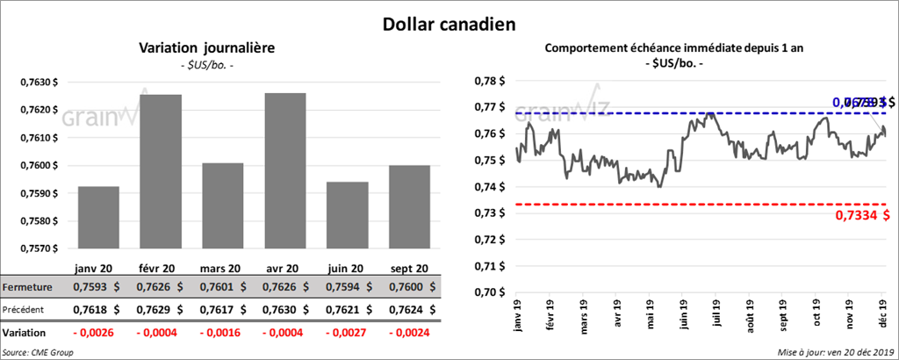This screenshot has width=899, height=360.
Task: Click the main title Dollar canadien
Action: (x=449, y=24)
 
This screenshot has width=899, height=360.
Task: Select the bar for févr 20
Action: (x=161, y=171)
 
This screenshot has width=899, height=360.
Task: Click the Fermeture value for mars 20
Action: (x=223, y=287)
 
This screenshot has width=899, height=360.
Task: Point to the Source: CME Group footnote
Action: (x=39, y=352)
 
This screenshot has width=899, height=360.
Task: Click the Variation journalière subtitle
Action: (x=207, y=48)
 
